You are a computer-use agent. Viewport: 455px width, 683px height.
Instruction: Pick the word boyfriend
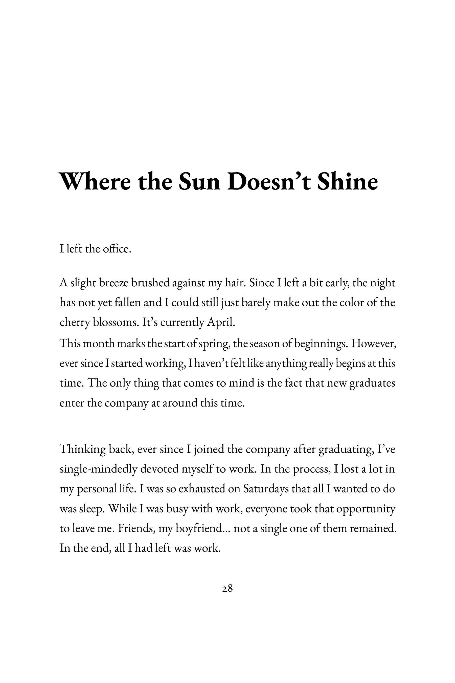(x=198, y=529)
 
